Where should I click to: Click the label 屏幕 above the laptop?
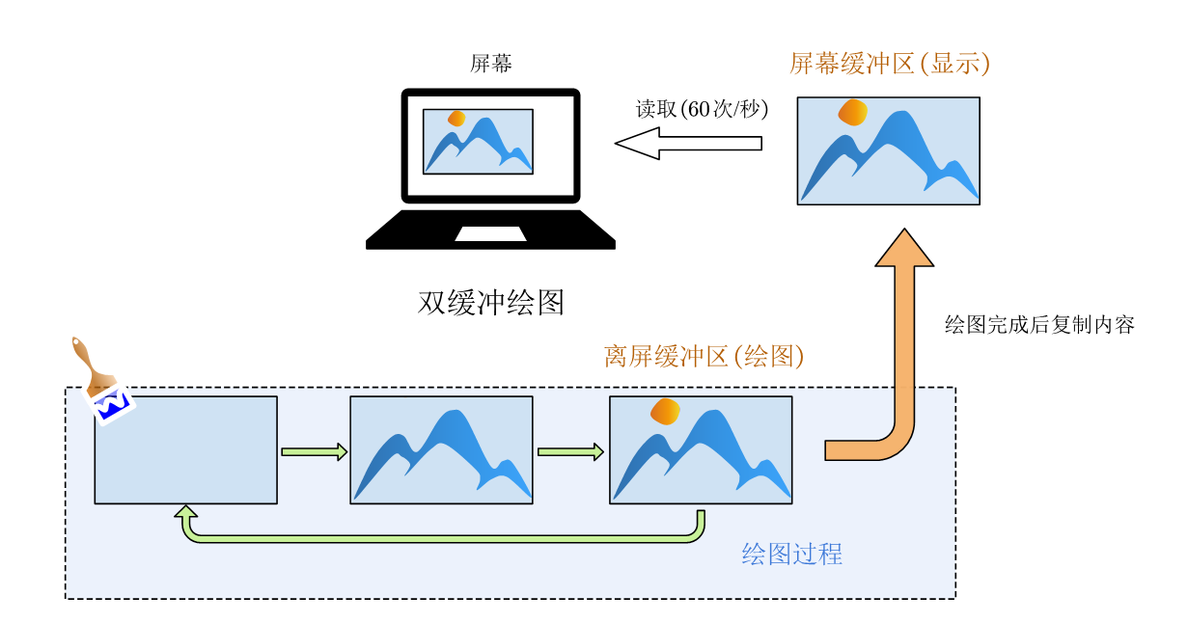coord(491,65)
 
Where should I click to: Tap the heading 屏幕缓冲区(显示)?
coord(889,65)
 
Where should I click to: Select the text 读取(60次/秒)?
coord(701,109)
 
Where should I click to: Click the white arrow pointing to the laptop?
coord(687,144)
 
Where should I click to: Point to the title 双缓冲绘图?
coord(491,302)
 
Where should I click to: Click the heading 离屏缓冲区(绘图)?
coord(704,357)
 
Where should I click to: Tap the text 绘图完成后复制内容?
coord(1038,324)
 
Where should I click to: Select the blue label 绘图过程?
coord(791,555)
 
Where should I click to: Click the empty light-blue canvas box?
coord(185,449)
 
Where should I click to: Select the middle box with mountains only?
coord(441,449)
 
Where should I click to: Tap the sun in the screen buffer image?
coord(853,113)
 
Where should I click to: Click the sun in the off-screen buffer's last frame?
coord(666,412)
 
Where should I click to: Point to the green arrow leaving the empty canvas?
coord(314,451)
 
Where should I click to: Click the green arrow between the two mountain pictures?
coord(570,451)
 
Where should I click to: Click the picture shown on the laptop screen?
coord(478,141)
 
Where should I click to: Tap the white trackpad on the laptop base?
coord(490,233)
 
